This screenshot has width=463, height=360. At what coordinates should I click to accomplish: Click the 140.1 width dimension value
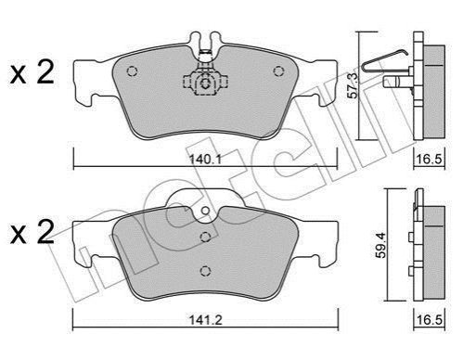[204, 160]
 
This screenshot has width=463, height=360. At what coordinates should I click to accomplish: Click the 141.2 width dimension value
[206, 320]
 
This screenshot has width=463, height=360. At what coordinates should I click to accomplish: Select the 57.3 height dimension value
[352, 85]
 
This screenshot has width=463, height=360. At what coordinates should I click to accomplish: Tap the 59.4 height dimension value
[381, 245]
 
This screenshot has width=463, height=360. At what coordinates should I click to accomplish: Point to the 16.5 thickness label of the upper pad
[430, 160]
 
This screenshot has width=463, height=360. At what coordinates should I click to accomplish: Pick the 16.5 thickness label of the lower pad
[430, 319]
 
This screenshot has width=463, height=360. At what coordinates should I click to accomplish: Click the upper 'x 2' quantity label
[32, 72]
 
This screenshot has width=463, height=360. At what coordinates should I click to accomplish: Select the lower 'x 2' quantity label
[32, 232]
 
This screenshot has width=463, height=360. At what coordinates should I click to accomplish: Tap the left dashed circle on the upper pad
[132, 71]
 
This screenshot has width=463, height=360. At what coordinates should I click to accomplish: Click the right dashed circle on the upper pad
[278, 71]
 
